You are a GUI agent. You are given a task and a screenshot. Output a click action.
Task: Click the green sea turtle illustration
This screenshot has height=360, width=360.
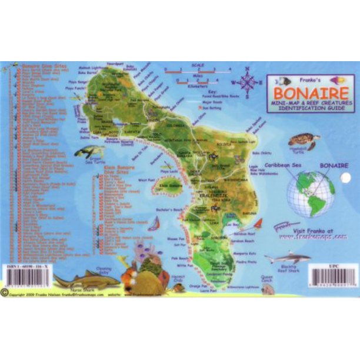tap(89, 152)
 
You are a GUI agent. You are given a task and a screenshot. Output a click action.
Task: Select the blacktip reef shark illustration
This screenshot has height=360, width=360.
tap(286, 257)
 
